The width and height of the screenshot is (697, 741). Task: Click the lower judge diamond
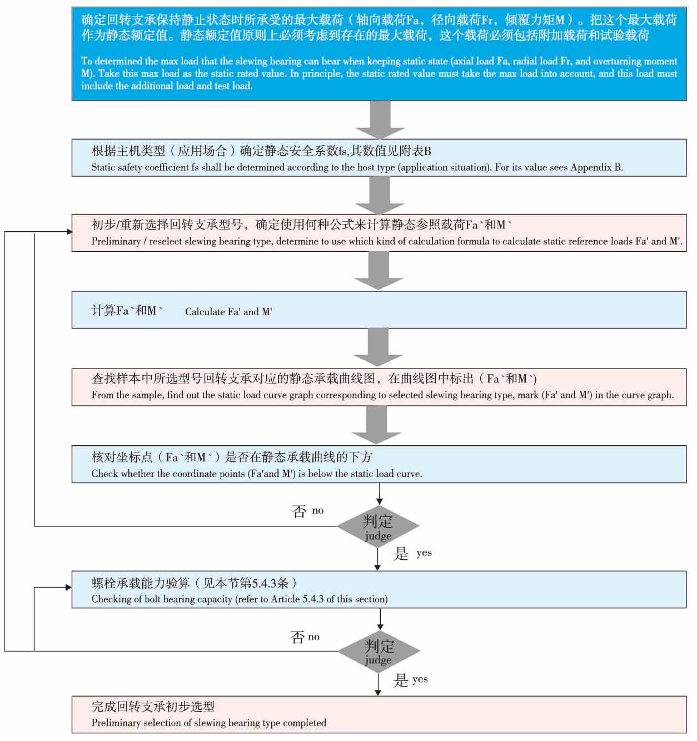point(379,651)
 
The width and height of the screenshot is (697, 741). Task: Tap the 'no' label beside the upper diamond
point(317,510)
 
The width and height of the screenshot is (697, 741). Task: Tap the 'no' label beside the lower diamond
point(314,637)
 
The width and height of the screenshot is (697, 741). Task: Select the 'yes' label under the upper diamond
point(424,553)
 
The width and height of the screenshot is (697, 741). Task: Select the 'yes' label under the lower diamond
point(420,679)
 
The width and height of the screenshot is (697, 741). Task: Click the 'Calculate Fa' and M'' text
point(228,312)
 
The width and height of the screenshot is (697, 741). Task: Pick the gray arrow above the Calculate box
point(379,271)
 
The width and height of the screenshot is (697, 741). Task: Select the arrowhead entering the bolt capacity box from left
point(68,587)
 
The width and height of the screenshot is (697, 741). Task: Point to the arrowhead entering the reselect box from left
point(68,232)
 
